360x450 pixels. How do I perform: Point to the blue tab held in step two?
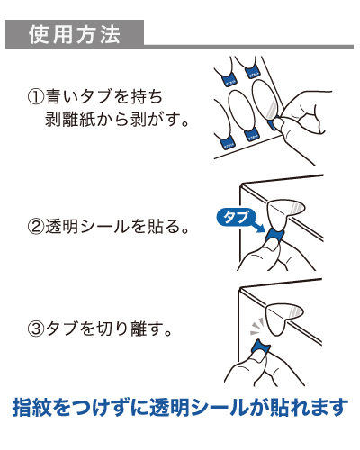pyautogui.click(x=273, y=235)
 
